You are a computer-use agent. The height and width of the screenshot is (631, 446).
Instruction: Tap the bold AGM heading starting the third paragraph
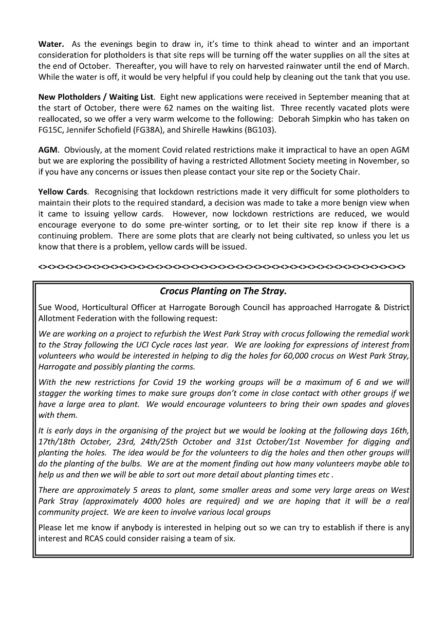pos(48,150)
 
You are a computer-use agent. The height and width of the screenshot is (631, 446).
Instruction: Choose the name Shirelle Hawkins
pos(219,129)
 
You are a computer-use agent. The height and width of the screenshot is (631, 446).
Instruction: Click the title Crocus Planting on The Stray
pos(223,291)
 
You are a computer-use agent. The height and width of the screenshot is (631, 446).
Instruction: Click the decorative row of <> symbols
pos(221,267)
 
